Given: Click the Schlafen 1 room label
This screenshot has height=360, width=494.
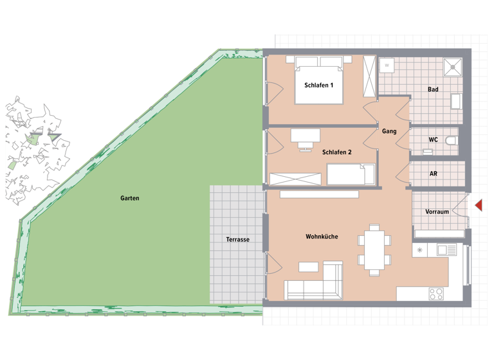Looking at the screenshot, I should coord(318,85).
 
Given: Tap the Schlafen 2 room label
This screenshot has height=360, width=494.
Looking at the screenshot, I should coord(336,152).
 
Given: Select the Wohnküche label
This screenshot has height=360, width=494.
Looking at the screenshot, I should coord(322,237).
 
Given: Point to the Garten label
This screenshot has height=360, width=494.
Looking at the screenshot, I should coord(129,198).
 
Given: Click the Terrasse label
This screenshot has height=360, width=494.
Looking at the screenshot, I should coord(237,239).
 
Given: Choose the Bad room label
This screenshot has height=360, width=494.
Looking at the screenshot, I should coord(433,89).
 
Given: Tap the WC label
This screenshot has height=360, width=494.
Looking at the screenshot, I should coord(433,139).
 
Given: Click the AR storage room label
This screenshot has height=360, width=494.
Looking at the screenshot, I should coord(433,174).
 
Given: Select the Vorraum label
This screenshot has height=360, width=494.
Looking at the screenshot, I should coord(437,212).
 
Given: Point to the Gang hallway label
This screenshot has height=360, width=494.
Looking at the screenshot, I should coord(389,131).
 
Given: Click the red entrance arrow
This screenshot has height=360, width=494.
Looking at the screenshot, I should coord(478,204).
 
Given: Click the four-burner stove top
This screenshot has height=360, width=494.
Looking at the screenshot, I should coord(436,293).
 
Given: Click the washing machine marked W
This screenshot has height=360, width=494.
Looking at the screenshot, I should coord(387,66).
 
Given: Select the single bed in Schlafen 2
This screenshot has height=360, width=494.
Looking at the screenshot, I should coord(351,174).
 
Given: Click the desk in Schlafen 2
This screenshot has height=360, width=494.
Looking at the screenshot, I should coord(305,135).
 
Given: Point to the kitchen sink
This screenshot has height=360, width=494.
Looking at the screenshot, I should coord(446,250).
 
